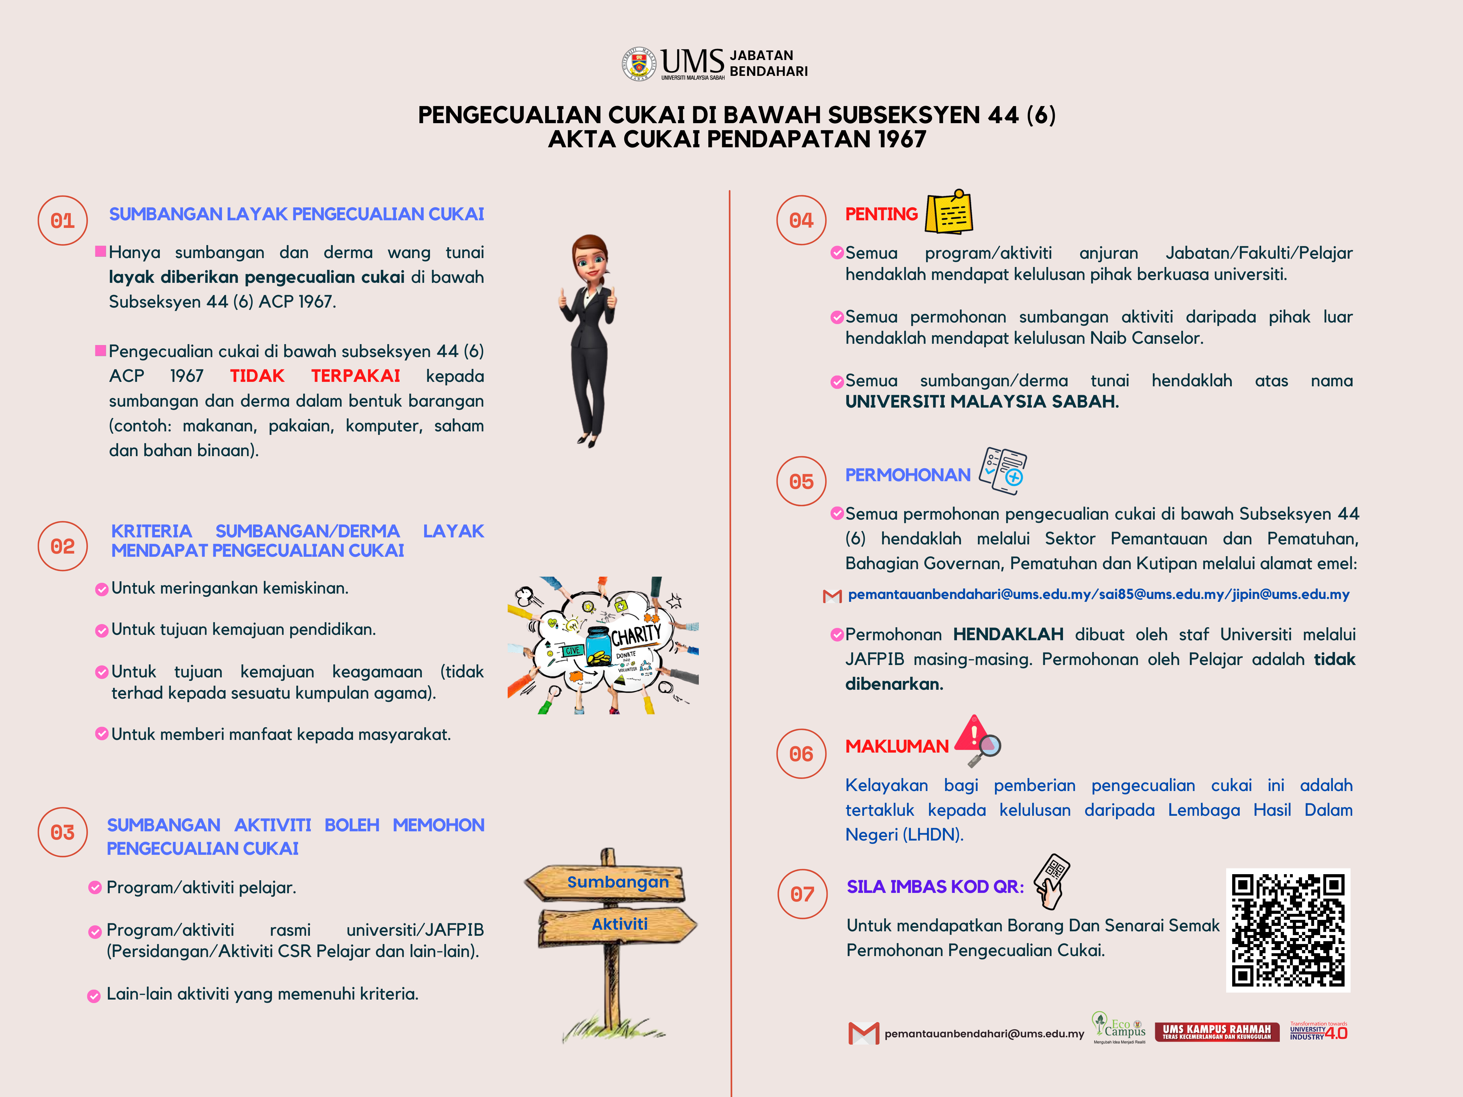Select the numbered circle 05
coord(801,482)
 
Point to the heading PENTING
coord(881,214)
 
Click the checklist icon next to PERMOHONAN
coord(1003,471)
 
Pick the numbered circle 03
coord(63,833)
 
